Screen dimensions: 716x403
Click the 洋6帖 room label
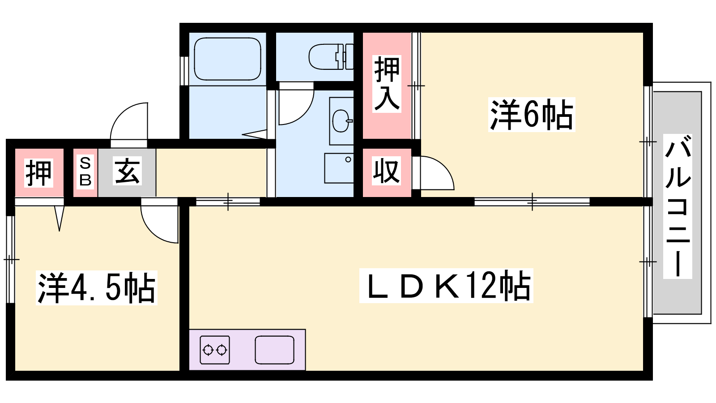click(x=532, y=115)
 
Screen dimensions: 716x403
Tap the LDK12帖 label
click(x=446, y=286)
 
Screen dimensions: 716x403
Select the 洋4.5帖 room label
click(x=97, y=287)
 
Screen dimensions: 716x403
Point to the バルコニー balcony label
click(x=678, y=206)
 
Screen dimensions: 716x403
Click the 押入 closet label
click(x=387, y=84)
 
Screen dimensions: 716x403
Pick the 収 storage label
click(x=386, y=171)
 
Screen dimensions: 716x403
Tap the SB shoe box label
click(x=85, y=172)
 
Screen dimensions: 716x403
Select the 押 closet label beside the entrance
click(x=38, y=173)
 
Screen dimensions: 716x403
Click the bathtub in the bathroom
click(x=228, y=59)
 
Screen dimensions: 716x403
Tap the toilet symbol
click(x=331, y=57)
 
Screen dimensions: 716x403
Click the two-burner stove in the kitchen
click(x=214, y=350)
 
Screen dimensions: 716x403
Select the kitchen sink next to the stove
click(x=275, y=350)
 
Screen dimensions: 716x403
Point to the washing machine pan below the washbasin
click(x=339, y=168)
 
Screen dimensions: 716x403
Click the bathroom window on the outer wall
click(x=184, y=71)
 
